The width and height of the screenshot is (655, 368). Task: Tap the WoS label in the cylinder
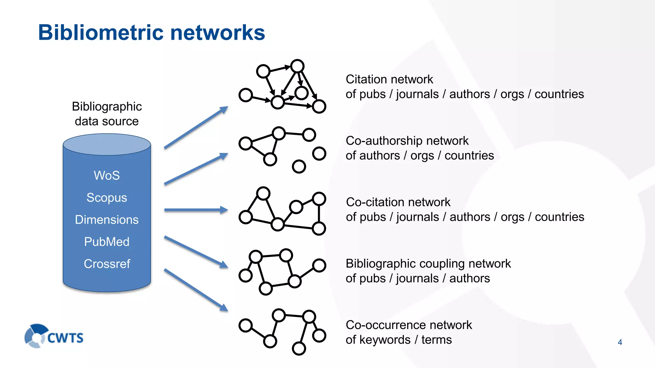[107, 176]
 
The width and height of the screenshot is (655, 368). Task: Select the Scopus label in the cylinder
[107, 198]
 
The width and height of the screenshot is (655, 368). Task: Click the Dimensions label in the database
[107, 220]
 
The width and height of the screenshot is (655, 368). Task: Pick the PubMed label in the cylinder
[107, 242]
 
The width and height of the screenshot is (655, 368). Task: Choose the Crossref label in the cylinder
[107, 264]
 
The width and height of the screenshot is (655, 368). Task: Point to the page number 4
[620, 342]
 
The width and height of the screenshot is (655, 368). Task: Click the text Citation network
[389, 79]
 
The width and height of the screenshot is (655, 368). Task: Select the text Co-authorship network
[407, 141]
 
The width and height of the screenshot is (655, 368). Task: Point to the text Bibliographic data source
[107, 114]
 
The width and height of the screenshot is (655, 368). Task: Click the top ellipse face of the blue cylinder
[107, 144]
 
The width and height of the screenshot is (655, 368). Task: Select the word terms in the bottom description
[436, 340]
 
